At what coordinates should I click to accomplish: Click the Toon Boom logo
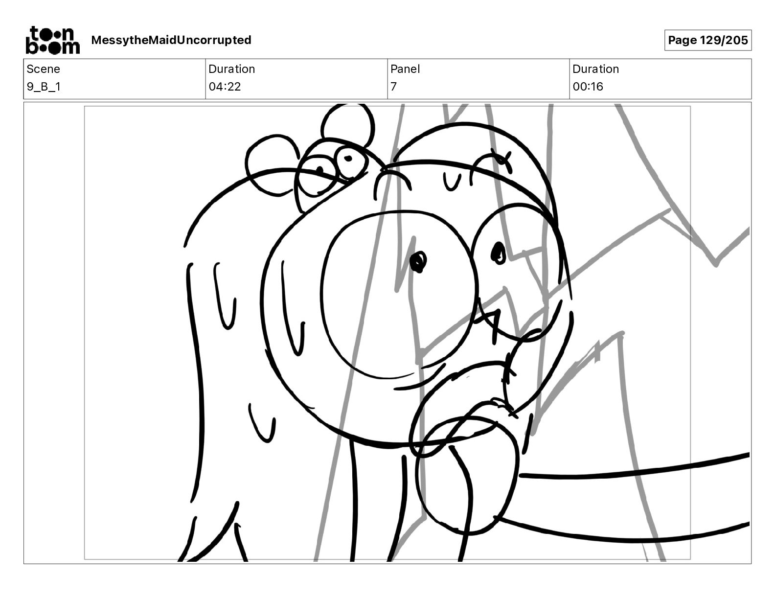tap(53, 40)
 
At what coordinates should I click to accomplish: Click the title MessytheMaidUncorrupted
tap(171, 40)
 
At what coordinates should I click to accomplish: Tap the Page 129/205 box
tap(707, 40)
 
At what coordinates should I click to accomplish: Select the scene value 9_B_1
tap(44, 87)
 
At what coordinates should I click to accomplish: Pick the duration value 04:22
tap(225, 87)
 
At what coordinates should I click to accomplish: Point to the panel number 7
tap(393, 87)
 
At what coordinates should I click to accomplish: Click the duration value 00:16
tap(588, 87)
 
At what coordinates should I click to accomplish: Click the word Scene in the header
tap(43, 69)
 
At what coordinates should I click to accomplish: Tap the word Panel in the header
tap(405, 69)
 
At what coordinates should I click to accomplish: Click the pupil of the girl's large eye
tap(418, 261)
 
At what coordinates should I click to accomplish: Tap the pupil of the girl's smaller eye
tap(498, 253)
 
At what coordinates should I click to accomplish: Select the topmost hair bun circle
tap(348, 126)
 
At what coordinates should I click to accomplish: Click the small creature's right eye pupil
tap(348, 158)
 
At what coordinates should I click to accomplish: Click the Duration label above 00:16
tap(595, 69)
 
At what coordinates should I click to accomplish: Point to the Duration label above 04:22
tap(232, 69)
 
